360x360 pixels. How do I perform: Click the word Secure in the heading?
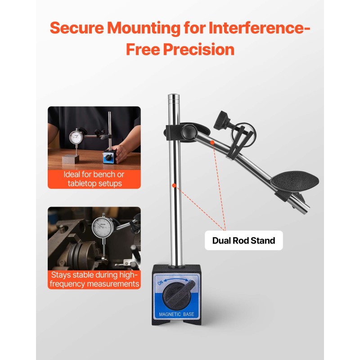[77, 28]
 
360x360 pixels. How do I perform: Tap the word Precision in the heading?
[198, 49]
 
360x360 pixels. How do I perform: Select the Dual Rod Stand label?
[243, 240]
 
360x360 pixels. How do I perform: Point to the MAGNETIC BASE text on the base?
[176, 314]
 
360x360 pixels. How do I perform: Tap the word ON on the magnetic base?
[160, 283]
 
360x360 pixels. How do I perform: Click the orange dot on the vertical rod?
[174, 185]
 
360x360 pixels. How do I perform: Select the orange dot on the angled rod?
[212, 143]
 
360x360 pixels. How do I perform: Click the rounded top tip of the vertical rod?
[174, 95]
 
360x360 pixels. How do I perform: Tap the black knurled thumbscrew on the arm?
[222, 120]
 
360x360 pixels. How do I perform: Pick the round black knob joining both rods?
[189, 132]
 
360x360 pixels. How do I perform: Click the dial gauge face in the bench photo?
[76, 137]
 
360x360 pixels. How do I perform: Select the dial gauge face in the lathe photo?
[103, 227]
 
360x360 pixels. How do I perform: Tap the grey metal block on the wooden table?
[71, 159]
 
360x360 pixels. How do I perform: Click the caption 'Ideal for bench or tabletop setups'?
[94, 179]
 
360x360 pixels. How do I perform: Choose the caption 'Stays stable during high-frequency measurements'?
[94, 279]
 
